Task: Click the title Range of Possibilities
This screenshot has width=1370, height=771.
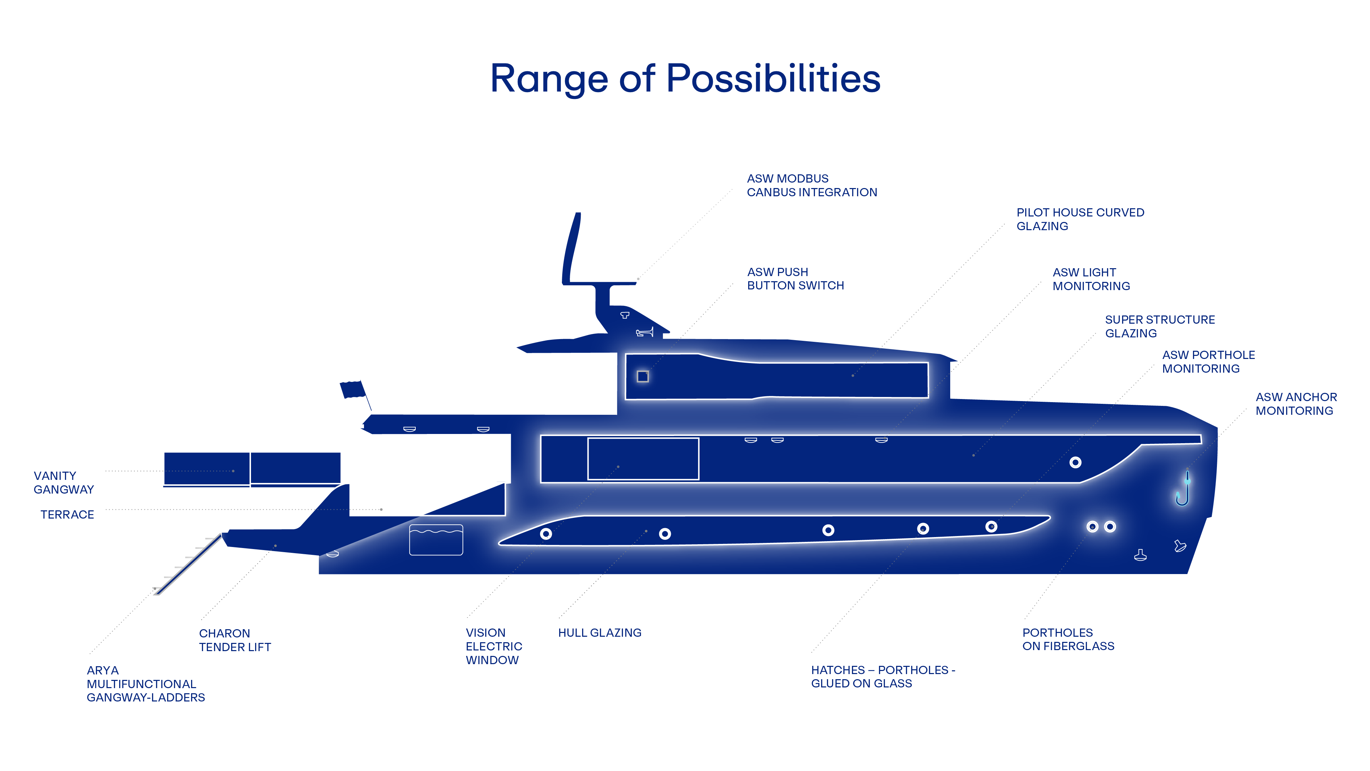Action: point(685,79)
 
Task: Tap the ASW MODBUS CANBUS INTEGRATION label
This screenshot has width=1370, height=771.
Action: point(812,185)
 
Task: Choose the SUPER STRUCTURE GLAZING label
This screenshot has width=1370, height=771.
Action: point(1159,326)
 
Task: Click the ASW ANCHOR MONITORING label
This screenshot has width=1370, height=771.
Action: point(1296,404)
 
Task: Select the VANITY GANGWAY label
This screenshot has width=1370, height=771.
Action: point(63,483)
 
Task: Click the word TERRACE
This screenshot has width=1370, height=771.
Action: point(67,514)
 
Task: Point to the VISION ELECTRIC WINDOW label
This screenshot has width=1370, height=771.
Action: point(493,646)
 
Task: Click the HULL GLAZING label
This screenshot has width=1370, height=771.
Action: point(599,633)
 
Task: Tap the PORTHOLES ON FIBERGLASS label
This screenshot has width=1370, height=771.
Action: point(1068,639)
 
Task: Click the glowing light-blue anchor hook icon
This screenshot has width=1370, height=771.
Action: point(1182,489)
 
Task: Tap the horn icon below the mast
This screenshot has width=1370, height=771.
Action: point(644,333)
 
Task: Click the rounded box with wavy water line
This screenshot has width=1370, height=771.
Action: point(436,539)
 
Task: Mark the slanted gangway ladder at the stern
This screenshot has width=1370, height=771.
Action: point(189,564)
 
